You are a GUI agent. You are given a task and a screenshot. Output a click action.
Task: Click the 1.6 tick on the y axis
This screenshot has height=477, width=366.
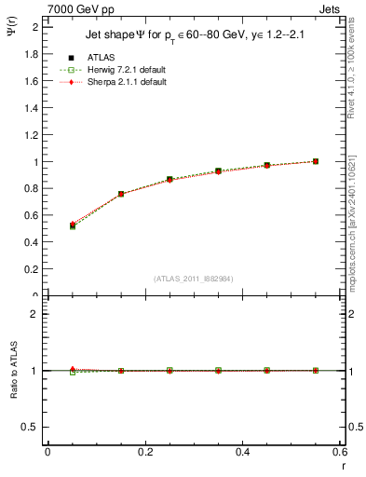[x=32, y=81]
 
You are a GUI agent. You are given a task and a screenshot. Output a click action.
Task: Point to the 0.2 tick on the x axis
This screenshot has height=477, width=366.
[x=144, y=452]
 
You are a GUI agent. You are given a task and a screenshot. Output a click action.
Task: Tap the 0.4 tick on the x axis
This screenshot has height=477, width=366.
[x=242, y=452]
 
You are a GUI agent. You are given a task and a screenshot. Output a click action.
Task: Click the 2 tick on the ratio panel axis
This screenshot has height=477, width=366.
[x=34, y=314]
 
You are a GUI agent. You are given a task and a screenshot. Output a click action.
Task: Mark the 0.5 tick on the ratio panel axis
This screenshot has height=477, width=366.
[x=31, y=427]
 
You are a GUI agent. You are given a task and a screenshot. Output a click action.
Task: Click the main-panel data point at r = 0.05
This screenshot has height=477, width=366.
[x=72, y=225]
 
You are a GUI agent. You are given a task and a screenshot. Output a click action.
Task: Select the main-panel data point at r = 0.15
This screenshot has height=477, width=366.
[x=121, y=194]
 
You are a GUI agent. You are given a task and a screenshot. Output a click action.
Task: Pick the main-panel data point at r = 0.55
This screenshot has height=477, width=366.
[x=316, y=161]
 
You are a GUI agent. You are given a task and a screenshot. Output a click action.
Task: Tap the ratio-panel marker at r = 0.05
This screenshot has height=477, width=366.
[x=72, y=371]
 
